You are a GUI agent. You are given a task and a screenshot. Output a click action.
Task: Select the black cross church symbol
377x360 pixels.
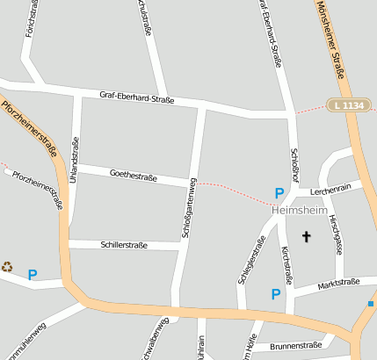307,235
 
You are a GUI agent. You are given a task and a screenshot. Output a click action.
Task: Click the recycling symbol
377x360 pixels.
7,266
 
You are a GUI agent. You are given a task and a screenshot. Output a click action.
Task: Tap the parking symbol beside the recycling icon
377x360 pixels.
33,275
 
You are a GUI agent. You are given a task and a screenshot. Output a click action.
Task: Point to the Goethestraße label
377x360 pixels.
133,176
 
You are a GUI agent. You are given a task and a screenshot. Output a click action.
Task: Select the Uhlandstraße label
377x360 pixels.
76,159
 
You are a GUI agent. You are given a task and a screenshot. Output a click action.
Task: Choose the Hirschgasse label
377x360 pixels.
337,234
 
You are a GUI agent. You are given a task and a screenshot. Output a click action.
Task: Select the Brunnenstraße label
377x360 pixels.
296,346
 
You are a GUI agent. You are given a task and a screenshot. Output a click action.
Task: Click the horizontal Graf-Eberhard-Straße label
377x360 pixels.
136,97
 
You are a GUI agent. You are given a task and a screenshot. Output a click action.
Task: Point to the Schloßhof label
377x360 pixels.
294,164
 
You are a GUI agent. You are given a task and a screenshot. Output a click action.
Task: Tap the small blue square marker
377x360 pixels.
371,304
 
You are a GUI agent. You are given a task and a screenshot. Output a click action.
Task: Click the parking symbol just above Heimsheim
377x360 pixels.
279,193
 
